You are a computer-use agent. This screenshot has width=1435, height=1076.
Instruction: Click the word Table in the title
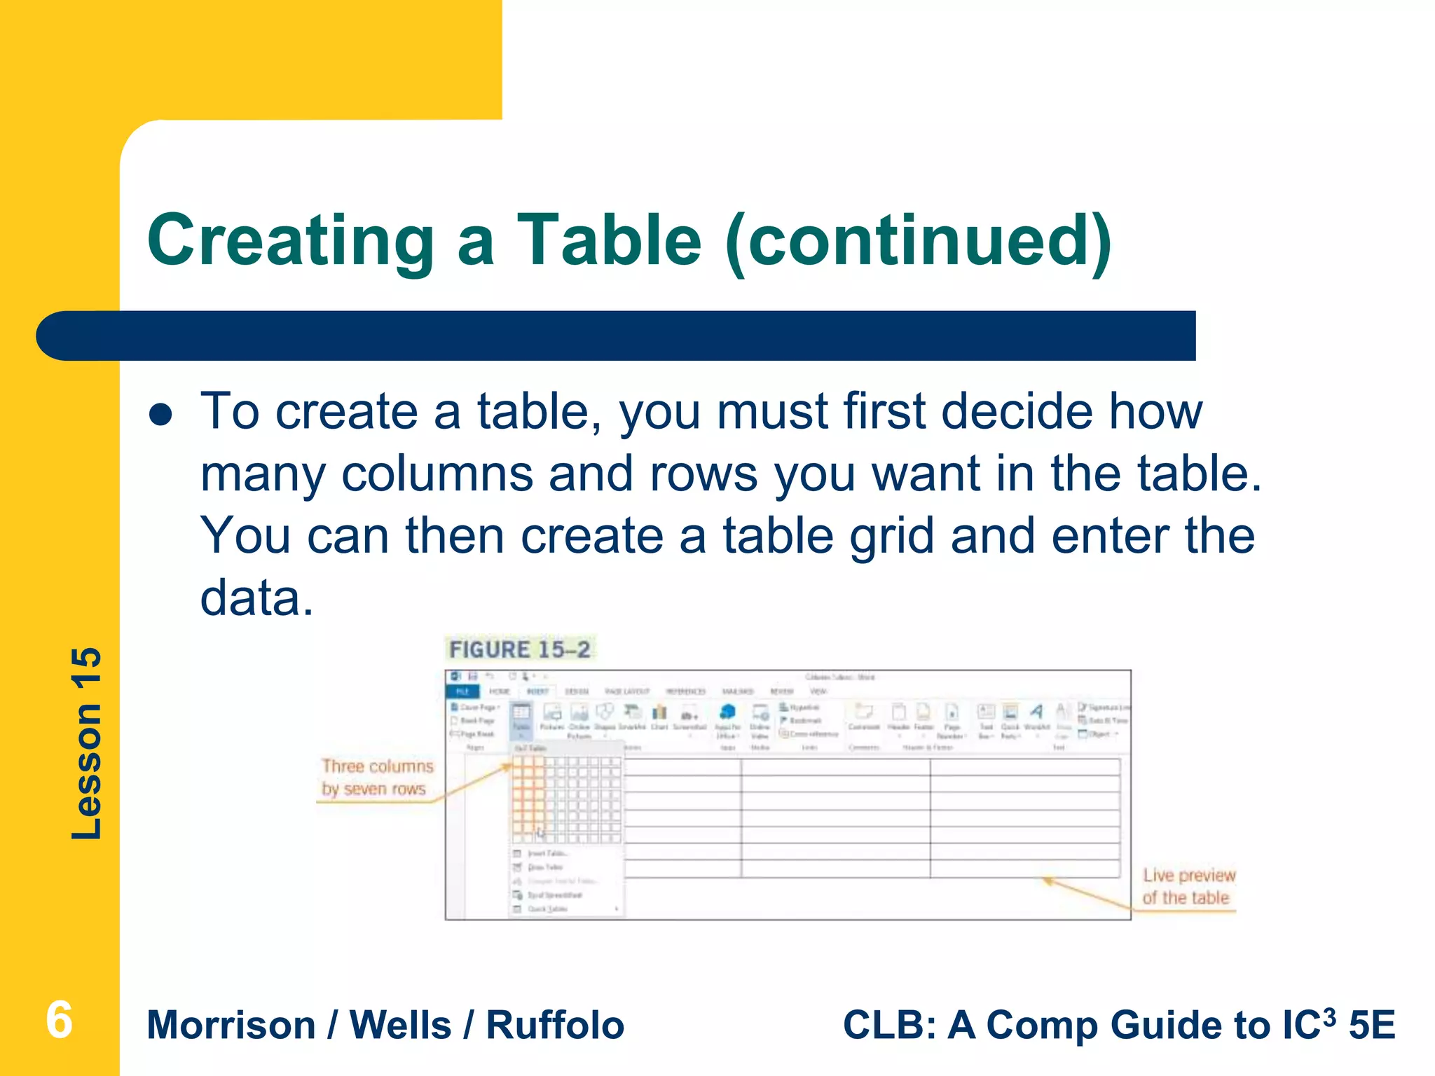tap(609, 241)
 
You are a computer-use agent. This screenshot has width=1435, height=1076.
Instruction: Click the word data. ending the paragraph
tap(256, 598)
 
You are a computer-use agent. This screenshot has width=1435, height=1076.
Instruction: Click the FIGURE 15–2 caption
tap(519, 649)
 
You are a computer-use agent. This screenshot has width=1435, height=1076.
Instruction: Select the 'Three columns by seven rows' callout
tap(376, 778)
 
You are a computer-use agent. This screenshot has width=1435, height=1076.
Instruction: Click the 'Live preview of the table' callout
tap(1188, 887)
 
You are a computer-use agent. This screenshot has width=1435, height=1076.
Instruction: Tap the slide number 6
tap(59, 1021)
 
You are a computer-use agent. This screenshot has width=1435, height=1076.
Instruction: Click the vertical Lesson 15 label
tap(87, 743)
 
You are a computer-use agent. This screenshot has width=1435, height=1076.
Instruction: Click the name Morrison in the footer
tap(231, 1026)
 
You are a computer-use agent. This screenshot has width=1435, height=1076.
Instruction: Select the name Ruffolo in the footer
tap(554, 1026)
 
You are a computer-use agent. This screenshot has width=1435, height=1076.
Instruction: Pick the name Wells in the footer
tap(400, 1026)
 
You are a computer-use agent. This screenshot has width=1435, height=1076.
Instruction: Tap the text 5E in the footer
tap(1372, 1026)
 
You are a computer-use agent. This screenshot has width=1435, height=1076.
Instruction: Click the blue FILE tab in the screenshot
tap(462, 691)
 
